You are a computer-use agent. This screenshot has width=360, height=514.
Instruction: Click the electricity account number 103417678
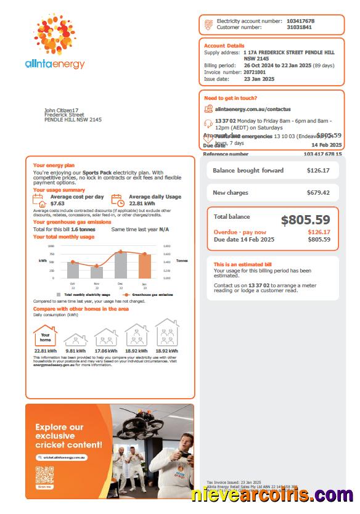(300, 21)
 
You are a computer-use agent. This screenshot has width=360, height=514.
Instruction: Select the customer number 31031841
(299, 27)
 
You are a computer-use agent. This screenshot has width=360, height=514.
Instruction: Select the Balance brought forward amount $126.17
(318, 171)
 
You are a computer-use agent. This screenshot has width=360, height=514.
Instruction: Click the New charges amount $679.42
(318, 193)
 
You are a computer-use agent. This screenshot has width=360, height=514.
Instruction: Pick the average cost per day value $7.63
(57, 203)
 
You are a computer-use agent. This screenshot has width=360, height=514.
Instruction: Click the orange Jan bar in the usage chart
(144, 266)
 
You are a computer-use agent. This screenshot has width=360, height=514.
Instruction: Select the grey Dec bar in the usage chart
(121, 264)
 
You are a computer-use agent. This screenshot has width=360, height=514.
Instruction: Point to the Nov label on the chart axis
(97, 284)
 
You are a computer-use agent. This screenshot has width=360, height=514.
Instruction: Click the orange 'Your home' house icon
(45, 337)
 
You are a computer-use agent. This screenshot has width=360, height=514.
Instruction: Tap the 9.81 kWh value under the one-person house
(75, 351)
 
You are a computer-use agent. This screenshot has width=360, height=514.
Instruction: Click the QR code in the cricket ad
(44, 476)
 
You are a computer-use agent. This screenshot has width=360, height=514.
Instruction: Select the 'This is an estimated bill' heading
(242, 264)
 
